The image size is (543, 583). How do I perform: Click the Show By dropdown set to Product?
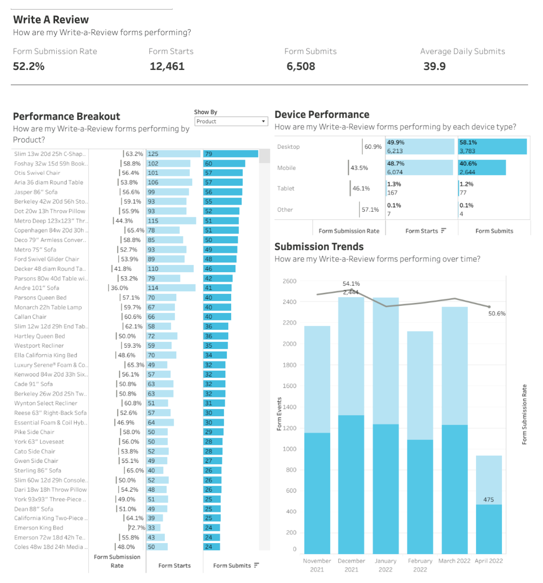pos(231,121)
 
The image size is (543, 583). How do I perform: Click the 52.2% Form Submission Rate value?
pos(29,67)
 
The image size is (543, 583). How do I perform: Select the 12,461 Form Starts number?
pos(167,67)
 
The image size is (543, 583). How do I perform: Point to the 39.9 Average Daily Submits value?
pos(434,67)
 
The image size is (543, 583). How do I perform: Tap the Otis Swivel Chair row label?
pos(37,173)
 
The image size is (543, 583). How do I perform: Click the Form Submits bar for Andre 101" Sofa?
pos(217,288)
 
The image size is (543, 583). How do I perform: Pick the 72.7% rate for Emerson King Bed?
pos(137,528)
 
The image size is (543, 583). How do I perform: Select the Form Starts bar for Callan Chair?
pos(161,317)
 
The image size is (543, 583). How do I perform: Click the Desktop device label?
pos(289,147)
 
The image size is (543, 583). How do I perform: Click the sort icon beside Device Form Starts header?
pos(443,231)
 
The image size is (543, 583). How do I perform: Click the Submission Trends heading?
pos(319,247)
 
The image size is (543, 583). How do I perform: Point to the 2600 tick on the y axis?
pos(289,281)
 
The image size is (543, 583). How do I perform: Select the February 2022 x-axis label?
pos(420,565)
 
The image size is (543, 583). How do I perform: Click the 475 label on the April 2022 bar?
pos(489,500)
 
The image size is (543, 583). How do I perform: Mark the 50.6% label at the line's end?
pos(497,313)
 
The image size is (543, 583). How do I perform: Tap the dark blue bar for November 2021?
pos(317,493)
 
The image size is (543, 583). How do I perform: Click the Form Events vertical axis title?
pos(279,414)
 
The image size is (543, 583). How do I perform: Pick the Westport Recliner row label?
pos(39,346)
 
